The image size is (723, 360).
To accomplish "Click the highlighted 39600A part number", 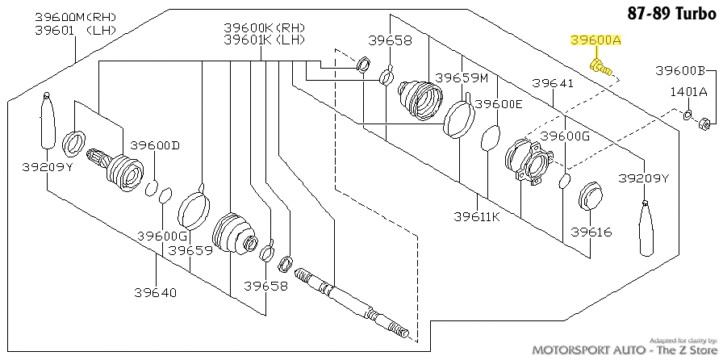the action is pyautogui.click(x=596, y=40).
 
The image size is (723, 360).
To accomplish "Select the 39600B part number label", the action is pyautogui.click(x=680, y=71).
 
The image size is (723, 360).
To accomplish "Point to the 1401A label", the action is pyautogui.click(x=688, y=92).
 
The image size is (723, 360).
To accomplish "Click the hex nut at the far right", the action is pyautogui.click(x=704, y=123).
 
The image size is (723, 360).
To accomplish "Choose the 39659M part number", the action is pyautogui.click(x=462, y=78).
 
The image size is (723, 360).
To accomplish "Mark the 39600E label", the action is pyautogui.click(x=499, y=104).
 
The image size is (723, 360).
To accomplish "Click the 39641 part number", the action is pyautogui.click(x=553, y=83).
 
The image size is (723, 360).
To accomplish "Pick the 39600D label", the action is pyautogui.click(x=154, y=146).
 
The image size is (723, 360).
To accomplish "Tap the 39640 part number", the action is pyautogui.click(x=156, y=293).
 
